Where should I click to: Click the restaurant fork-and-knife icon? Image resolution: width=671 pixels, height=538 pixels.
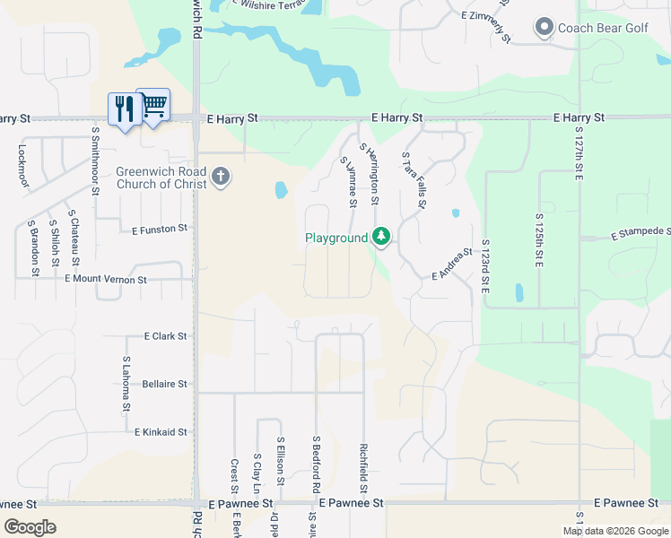click(x=123, y=108)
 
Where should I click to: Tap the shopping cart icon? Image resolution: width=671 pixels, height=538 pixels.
click(x=153, y=105)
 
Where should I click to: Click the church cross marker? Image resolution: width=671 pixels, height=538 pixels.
click(x=221, y=177)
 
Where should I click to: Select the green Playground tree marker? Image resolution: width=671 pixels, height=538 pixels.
click(x=382, y=237)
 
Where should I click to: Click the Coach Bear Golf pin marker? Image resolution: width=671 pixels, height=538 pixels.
click(x=544, y=28)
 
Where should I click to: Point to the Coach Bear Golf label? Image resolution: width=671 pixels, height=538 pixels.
click(x=603, y=28)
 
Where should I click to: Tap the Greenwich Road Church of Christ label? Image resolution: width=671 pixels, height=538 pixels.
click(x=161, y=178)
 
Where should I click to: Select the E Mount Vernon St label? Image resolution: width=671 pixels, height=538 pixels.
click(x=106, y=280)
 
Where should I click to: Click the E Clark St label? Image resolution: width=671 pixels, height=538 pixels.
click(x=165, y=336)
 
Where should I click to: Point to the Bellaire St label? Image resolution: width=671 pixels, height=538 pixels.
click(x=164, y=384)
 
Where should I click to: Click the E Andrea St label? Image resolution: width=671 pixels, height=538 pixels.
click(x=452, y=265)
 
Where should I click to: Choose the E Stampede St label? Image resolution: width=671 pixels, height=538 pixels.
click(x=640, y=235)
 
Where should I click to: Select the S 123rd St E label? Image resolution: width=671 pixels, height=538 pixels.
click(x=485, y=267)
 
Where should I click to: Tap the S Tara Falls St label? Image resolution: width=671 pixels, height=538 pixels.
click(x=414, y=179)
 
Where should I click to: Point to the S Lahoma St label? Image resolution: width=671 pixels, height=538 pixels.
click(x=126, y=384)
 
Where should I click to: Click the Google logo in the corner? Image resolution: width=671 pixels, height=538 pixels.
click(x=30, y=527)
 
